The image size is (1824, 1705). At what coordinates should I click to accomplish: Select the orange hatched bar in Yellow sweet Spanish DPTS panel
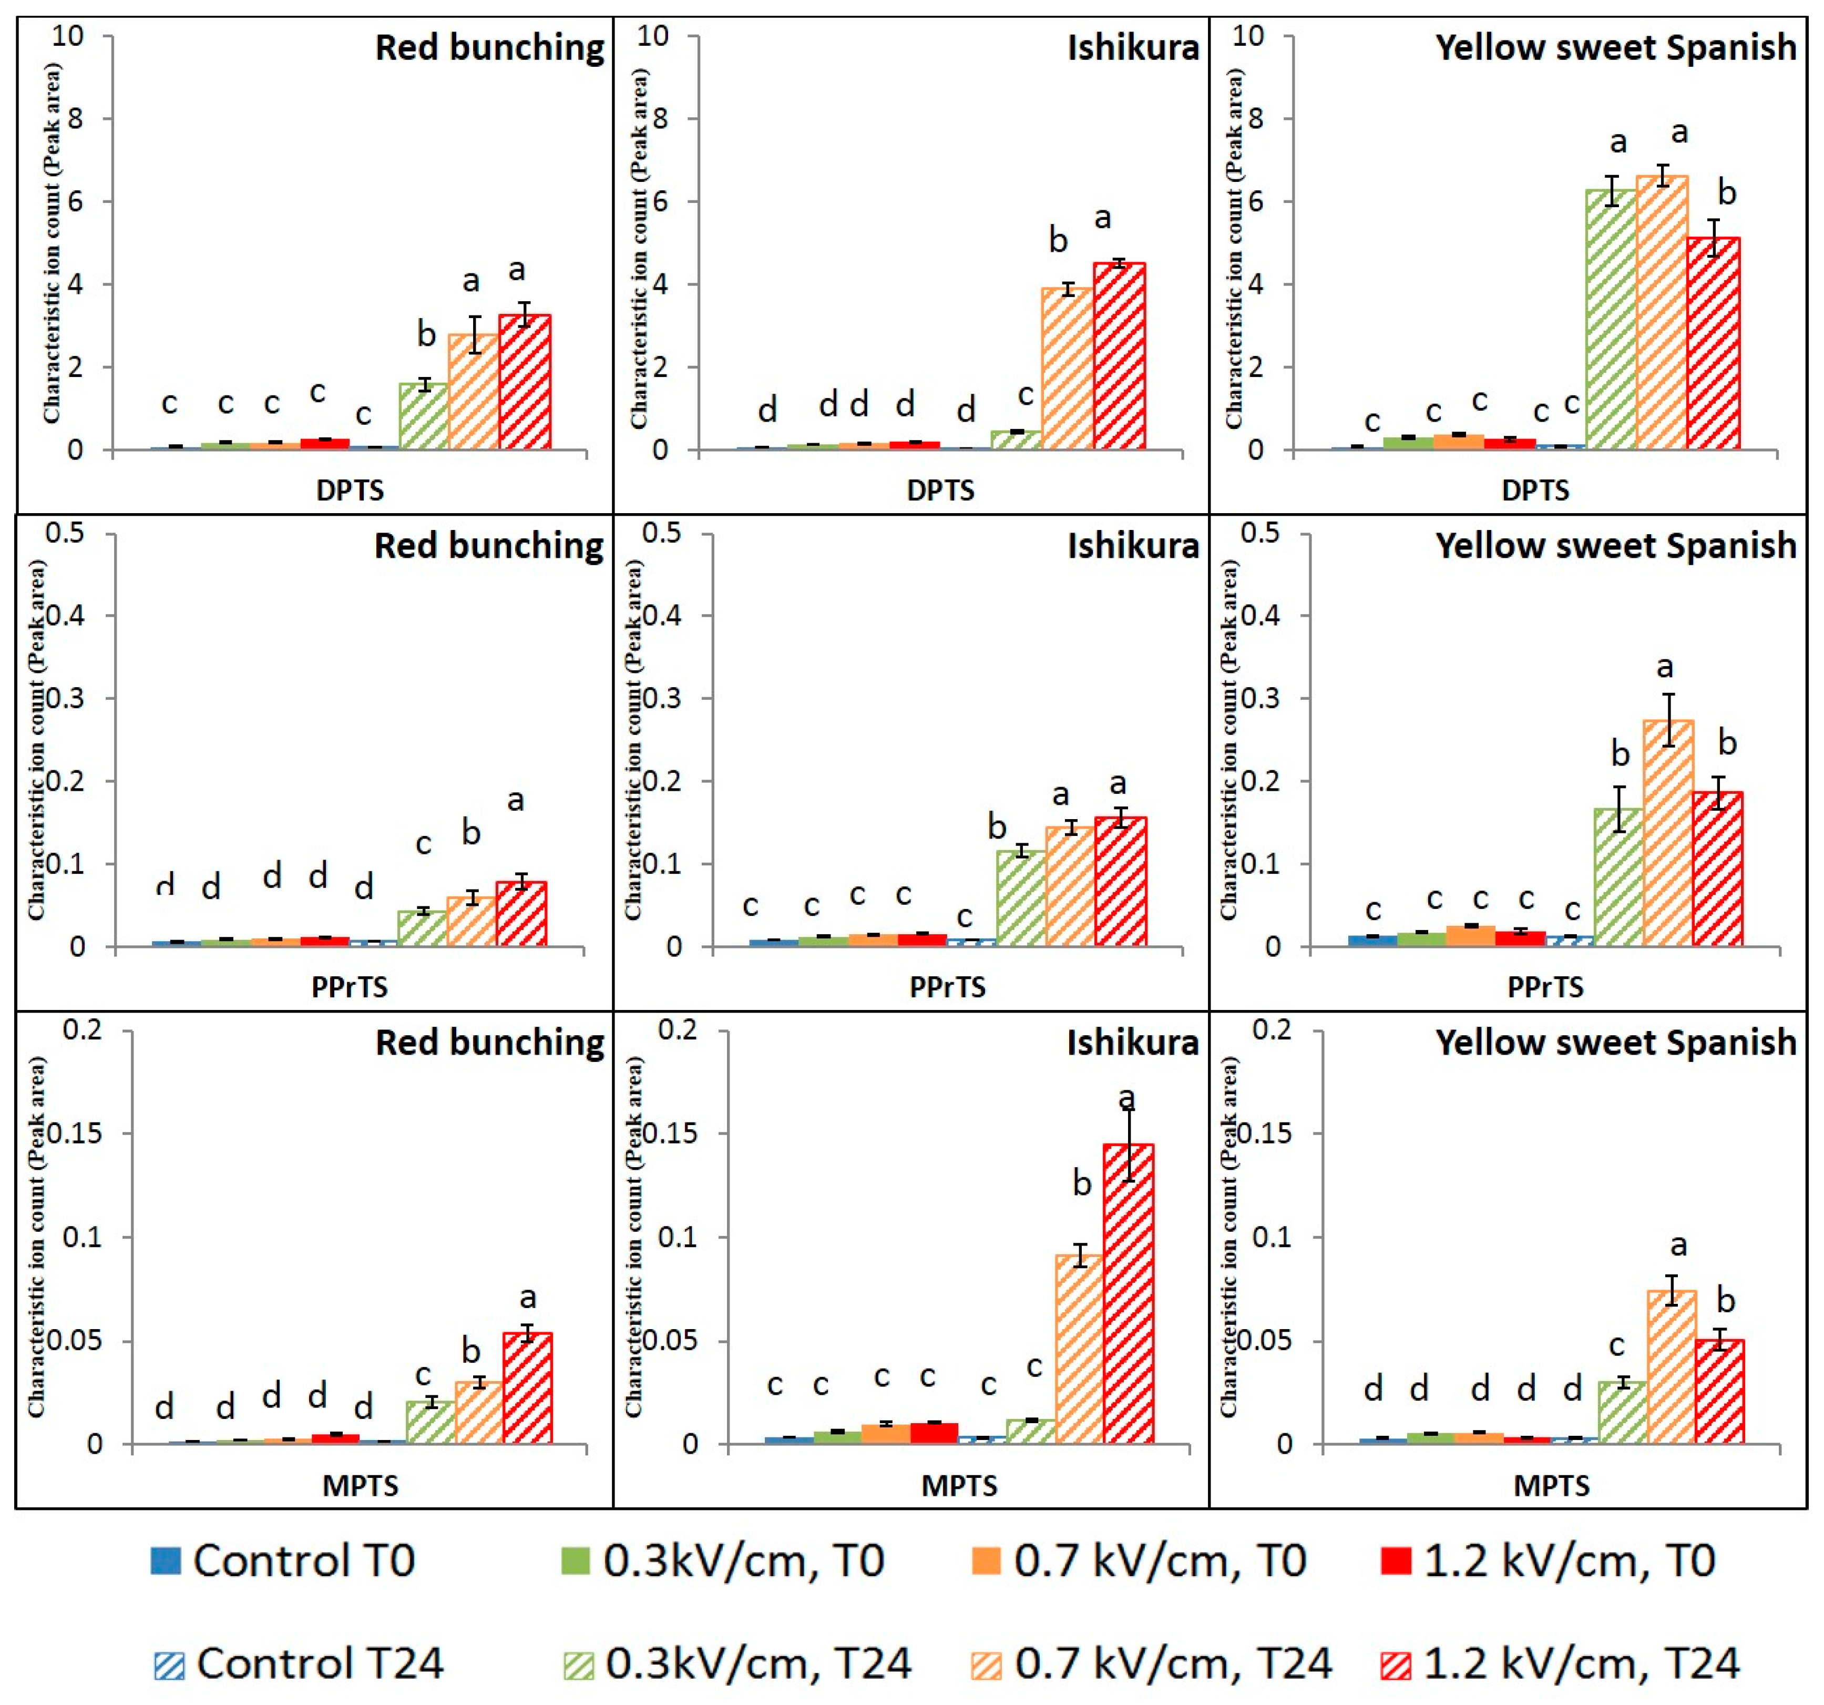(1662, 312)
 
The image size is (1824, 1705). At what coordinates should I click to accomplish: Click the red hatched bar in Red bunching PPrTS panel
(521, 913)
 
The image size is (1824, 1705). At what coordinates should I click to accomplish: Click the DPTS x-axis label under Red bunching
(350, 490)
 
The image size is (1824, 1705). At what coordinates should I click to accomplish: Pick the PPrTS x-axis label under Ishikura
(947, 987)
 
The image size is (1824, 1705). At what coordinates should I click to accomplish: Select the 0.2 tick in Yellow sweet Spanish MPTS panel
(1273, 1029)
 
